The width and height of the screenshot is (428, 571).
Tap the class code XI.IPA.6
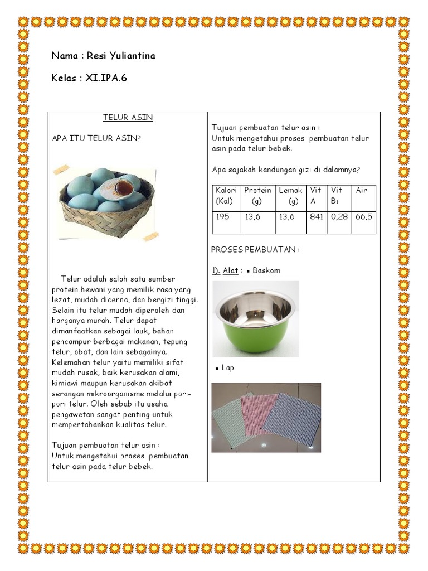point(106,78)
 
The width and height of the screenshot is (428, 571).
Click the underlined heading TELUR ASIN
point(128,118)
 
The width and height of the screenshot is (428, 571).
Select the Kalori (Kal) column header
point(226,196)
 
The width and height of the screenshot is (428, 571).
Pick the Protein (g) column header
point(257,196)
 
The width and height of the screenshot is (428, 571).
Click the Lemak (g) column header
point(290,196)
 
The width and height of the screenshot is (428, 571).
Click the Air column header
point(362,191)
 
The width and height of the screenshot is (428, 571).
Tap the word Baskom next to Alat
point(266,270)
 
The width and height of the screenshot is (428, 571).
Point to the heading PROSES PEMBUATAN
point(255,250)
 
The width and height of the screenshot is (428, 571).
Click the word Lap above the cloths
point(227,368)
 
